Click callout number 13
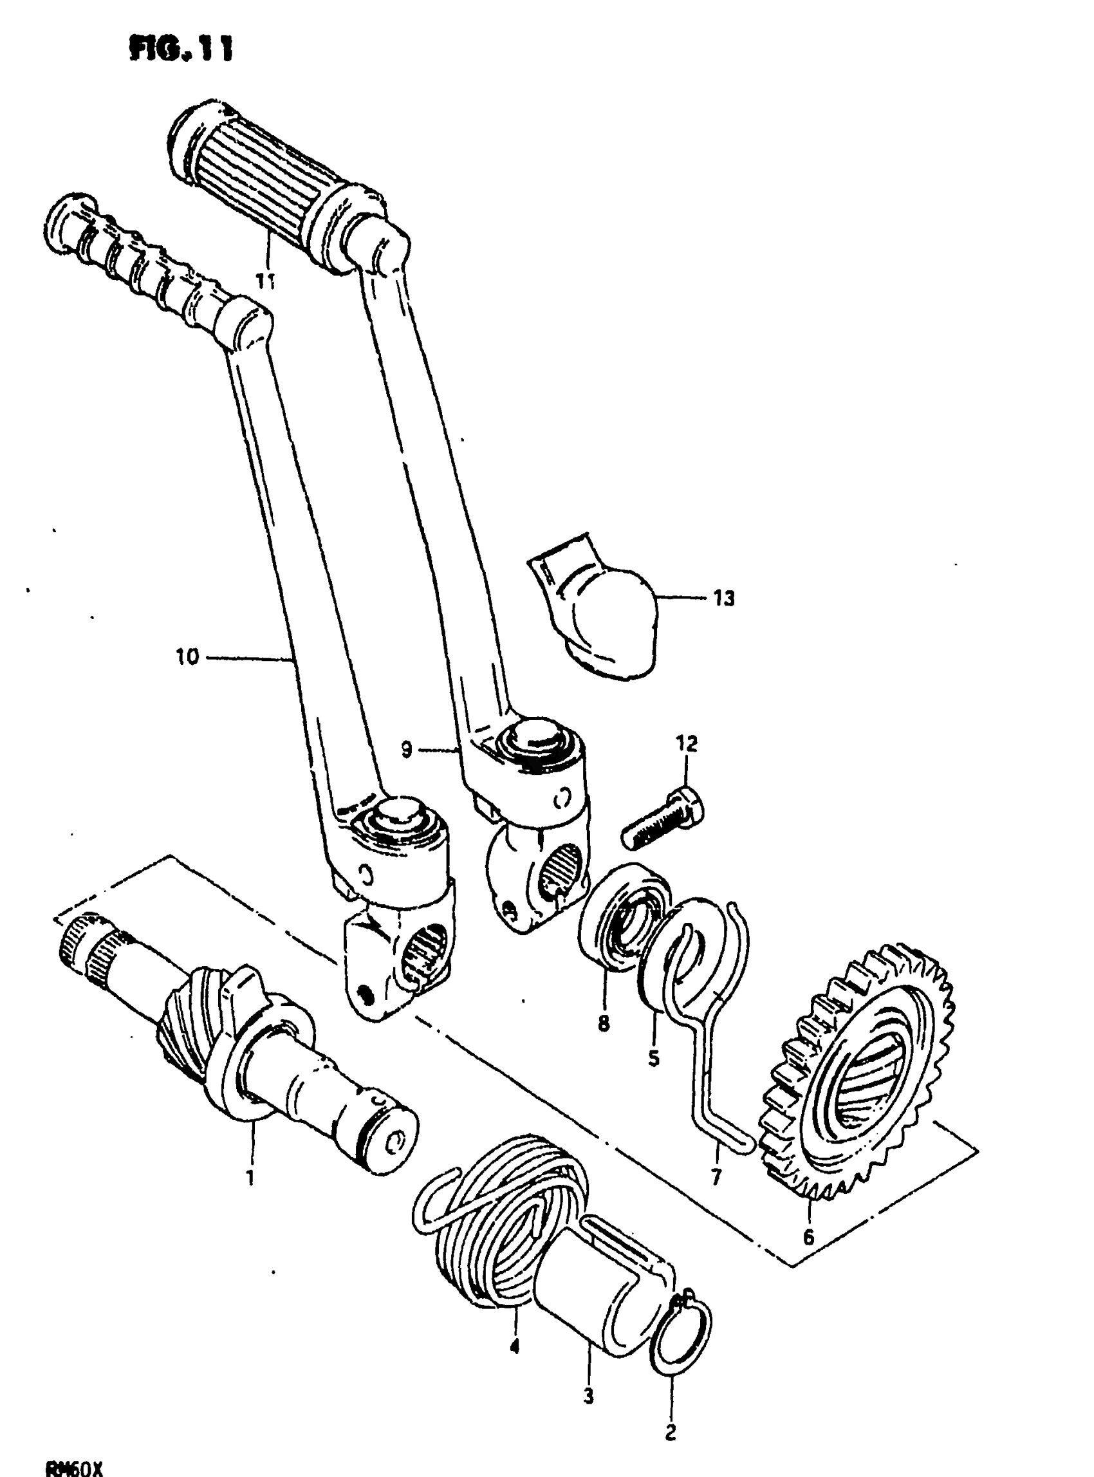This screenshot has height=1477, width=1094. coord(724,599)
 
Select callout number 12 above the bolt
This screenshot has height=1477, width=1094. coord(687,744)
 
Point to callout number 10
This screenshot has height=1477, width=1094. coord(187,658)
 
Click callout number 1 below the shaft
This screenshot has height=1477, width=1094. coord(250,1178)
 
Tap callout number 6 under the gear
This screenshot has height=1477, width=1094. coord(808,1236)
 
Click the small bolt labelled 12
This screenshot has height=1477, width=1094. coord(662,820)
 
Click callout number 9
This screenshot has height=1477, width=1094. coord(406,750)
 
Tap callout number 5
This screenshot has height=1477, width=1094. coord(654,1058)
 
